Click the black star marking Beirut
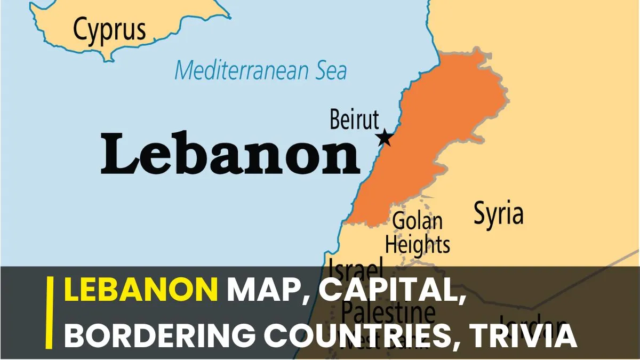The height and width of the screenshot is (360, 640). [x=385, y=138]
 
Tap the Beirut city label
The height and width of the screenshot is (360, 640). [x=354, y=119]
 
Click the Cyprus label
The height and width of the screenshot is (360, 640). [x=109, y=29]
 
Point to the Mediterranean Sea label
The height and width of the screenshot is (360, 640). [x=261, y=70]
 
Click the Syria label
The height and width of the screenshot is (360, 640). [x=499, y=214]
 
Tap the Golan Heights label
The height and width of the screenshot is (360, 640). [x=418, y=233]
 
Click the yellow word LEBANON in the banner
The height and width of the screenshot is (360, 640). [x=141, y=291]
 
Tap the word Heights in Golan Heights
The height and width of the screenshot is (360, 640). [x=418, y=245]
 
